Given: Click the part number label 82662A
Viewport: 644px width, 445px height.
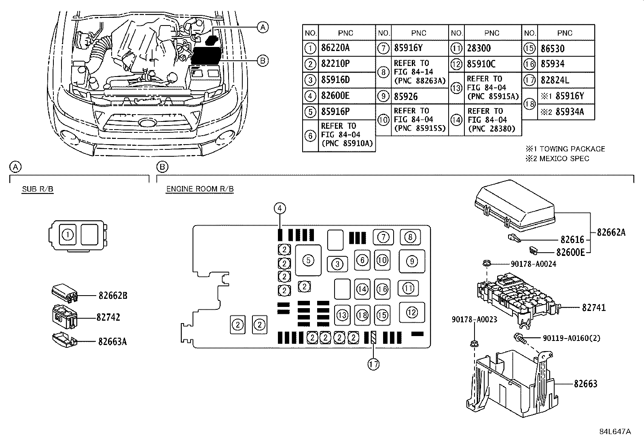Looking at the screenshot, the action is (611, 232).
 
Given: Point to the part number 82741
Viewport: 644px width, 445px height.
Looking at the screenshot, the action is (594, 307).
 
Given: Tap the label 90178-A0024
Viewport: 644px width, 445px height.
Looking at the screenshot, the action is (533, 264).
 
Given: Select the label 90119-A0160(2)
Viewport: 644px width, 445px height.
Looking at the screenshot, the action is (572, 338).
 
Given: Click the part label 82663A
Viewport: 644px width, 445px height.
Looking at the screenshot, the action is (112, 341).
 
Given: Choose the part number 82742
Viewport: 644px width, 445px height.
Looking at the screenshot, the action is (108, 317).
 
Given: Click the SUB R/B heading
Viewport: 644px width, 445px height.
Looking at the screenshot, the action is (38, 189).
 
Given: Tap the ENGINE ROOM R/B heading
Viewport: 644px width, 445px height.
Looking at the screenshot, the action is (200, 189).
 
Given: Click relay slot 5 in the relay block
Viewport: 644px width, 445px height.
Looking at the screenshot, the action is (308, 260).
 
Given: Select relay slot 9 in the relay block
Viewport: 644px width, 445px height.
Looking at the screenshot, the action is (412, 261).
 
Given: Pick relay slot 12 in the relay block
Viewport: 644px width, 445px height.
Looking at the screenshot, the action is (412, 312).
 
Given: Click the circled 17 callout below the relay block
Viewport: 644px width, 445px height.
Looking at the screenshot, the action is (373, 364).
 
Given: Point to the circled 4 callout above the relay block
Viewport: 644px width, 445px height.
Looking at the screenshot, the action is (280, 208).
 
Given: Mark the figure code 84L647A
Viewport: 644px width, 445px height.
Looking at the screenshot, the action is (615, 432).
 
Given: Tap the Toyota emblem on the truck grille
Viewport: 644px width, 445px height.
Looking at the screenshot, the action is (147, 122).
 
